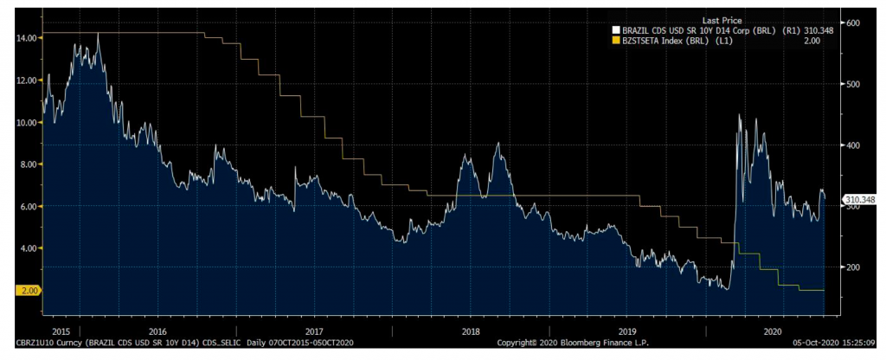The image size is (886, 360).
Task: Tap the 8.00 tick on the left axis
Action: [x=27, y=164]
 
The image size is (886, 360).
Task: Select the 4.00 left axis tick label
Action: [x=27, y=248]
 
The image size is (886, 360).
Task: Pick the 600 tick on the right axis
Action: [x=852, y=22]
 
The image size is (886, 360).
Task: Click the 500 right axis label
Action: [x=852, y=84]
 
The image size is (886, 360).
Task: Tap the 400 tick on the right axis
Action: [x=852, y=145]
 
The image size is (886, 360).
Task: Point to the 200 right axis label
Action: [x=852, y=267]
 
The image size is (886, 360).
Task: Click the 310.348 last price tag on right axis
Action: [x=860, y=200]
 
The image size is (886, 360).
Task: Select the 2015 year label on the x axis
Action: [x=60, y=331]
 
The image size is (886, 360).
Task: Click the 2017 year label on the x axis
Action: [x=314, y=331]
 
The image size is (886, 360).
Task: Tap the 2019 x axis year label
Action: [x=628, y=331]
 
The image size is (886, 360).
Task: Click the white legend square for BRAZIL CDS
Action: [x=614, y=29]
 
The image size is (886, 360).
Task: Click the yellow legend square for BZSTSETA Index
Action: [x=614, y=39]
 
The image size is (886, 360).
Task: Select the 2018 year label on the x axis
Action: [x=471, y=331]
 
